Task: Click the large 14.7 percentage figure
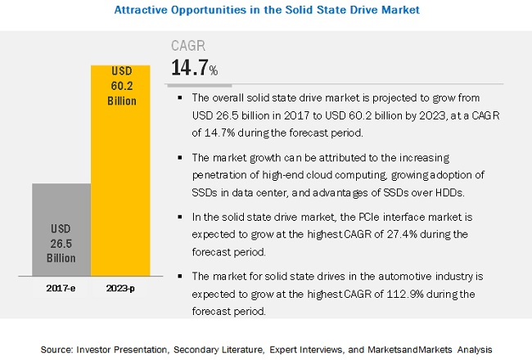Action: pos(192,68)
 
